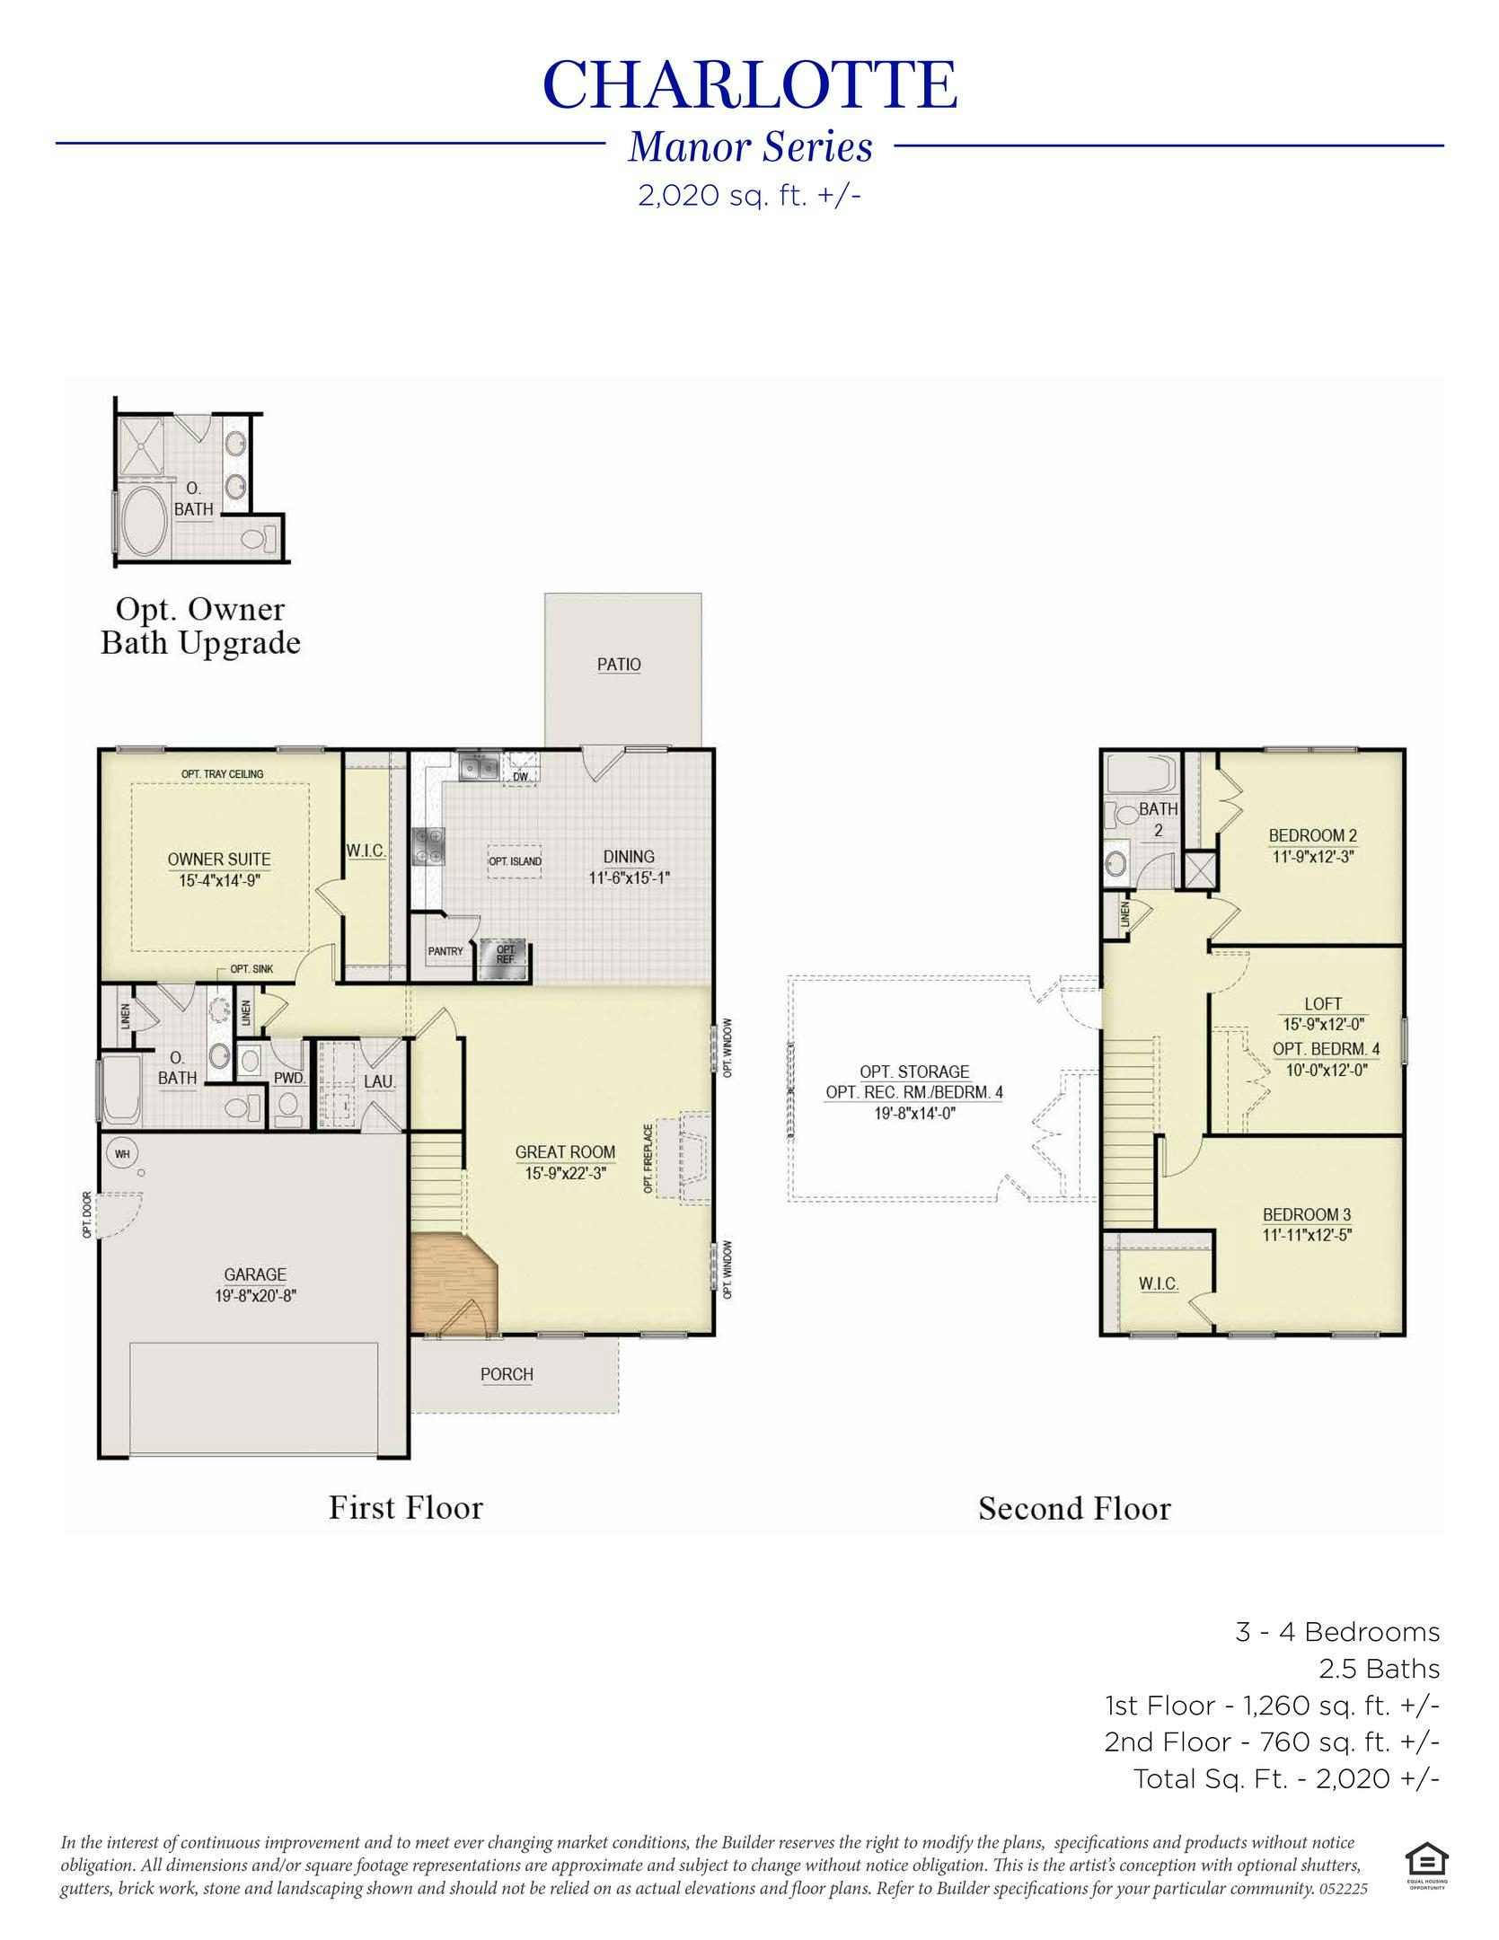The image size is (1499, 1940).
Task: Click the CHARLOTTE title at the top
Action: (x=749, y=85)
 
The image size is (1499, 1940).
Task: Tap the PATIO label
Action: (x=619, y=665)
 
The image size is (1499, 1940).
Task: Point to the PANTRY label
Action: (x=445, y=951)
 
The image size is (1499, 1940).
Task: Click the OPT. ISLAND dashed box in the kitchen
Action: (x=515, y=860)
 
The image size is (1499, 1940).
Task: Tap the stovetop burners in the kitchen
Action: (x=428, y=847)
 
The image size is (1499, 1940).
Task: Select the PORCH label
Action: (x=507, y=1374)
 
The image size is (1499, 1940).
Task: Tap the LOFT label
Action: (x=1323, y=1003)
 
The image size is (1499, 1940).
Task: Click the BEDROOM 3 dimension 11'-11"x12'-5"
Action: (x=1307, y=1235)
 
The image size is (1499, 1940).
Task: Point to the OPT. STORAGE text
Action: (x=914, y=1071)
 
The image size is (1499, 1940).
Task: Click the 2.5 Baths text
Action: (x=1379, y=1669)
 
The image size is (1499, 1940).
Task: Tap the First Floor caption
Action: (x=405, y=1507)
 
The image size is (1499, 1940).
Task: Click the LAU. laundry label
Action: (x=379, y=1082)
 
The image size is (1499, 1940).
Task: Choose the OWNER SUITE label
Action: (x=219, y=860)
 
